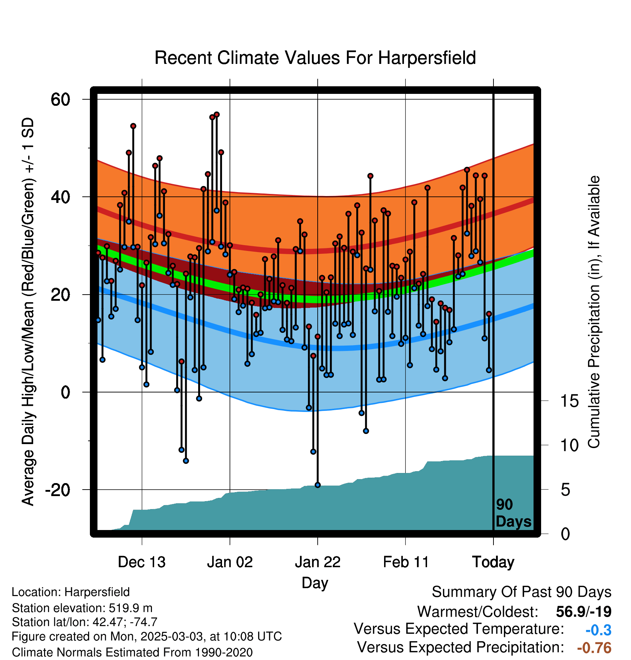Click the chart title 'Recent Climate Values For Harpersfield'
[315, 58]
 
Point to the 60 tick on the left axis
[60, 99]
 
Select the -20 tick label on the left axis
[58, 490]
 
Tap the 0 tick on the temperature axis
[65, 392]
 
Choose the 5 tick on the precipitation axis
[566, 490]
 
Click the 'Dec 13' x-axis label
[142, 562]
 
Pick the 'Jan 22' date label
[318, 562]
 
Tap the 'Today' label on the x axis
[493, 562]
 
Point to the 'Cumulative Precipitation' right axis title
[594, 312]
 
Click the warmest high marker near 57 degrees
[217, 114]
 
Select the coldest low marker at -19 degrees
[318, 485]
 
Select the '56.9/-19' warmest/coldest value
[584, 612]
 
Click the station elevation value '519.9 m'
[131, 608]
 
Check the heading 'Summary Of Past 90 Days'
[522, 592]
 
